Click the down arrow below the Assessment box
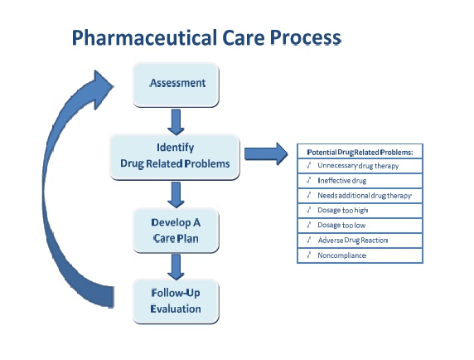176,121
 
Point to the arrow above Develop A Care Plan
176,195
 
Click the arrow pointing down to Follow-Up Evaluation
176,266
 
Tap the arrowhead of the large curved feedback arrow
97,85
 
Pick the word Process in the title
300,37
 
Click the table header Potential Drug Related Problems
360,152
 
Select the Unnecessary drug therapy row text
358,166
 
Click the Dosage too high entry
341,210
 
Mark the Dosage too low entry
341,225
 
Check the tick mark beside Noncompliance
307,255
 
